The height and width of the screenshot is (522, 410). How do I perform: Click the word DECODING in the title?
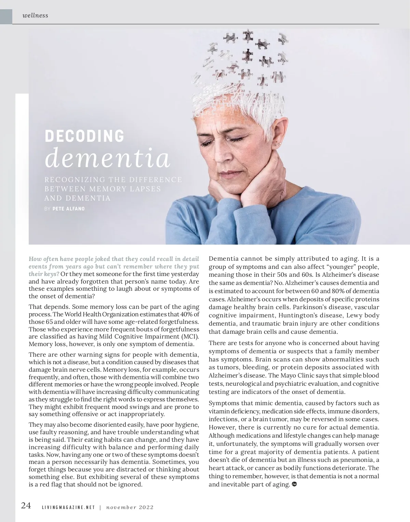pyautogui.click(x=84, y=136)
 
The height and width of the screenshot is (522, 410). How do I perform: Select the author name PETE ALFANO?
pyautogui.click(x=69, y=208)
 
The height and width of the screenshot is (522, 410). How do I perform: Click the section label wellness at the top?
pyautogui.click(x=35, y=15)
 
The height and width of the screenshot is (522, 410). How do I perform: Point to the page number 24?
pyautogui.click(x=26, y=505)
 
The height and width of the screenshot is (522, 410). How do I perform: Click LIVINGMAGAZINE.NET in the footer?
pyautogui.click(x=68, y=507)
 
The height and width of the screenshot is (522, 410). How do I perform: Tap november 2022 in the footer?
pyautogui.click(x=130, y=507)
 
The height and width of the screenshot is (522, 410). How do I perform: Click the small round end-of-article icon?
pyautogui.click(x=295, y=484)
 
